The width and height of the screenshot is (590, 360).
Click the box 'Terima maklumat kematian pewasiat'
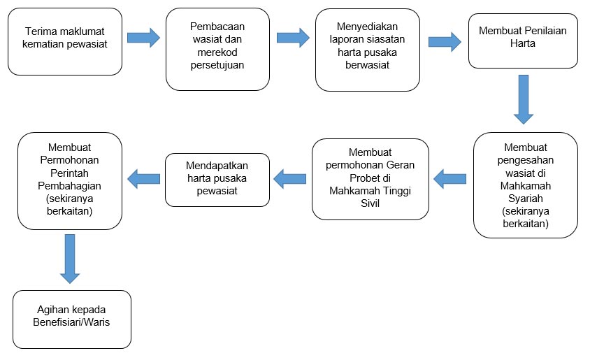pos(65,41)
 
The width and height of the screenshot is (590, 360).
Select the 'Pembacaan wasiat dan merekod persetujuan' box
pos(217,49)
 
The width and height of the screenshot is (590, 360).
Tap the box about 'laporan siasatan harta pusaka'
pos(367,50)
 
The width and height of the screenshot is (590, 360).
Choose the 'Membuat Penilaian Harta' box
pos(523,41)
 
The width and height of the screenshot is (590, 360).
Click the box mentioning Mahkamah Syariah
pos(525,185)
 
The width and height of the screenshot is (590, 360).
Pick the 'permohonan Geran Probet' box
pos(370,179)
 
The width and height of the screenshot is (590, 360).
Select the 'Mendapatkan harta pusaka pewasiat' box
pos(217,180)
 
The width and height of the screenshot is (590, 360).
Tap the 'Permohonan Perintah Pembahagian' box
pos(70,181)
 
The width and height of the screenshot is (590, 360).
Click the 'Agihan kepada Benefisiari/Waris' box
pos(72,319)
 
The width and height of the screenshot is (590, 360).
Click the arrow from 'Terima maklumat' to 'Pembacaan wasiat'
pos(144,38)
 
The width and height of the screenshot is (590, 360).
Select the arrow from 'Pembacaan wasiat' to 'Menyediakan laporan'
pos(293,38)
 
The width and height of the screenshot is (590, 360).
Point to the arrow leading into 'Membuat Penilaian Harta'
pos(445,42)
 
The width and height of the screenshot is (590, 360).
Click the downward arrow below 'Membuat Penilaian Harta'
pos(524,99)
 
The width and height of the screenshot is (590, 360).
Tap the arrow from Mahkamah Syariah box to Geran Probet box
pos(449,179)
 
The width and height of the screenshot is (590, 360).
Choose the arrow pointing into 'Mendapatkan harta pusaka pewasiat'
pos(289,179)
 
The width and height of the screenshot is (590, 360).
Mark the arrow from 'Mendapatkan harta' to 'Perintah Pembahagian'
pos(144,179)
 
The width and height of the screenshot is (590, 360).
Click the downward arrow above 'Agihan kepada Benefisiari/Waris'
pos(70,259)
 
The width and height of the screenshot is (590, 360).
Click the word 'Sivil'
pos(370,203)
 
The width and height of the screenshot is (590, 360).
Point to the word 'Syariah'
pos(525,199)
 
